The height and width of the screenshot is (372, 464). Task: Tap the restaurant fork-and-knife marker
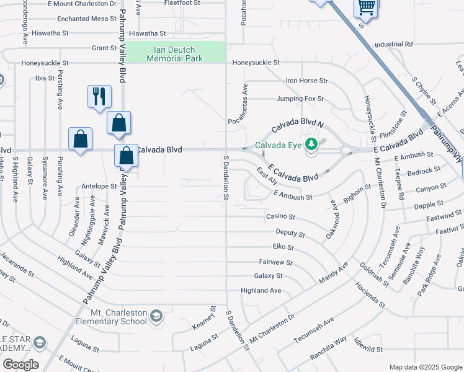click(99, 96)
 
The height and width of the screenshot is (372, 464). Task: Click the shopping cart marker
click(366, 8)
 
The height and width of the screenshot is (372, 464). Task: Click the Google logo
click(20, 365)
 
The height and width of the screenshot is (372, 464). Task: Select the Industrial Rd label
click(393, 45)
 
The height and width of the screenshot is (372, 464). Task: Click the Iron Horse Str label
click(306, 81)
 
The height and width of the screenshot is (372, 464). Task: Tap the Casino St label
click(280, 217)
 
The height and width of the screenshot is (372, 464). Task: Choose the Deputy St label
click(290, 234)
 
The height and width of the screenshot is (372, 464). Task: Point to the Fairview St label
click(274, 262)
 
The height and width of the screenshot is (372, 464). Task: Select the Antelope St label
click(99, 186)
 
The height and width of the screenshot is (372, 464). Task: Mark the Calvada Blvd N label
click(297, 123)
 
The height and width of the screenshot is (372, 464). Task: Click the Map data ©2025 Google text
click(426, 367)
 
